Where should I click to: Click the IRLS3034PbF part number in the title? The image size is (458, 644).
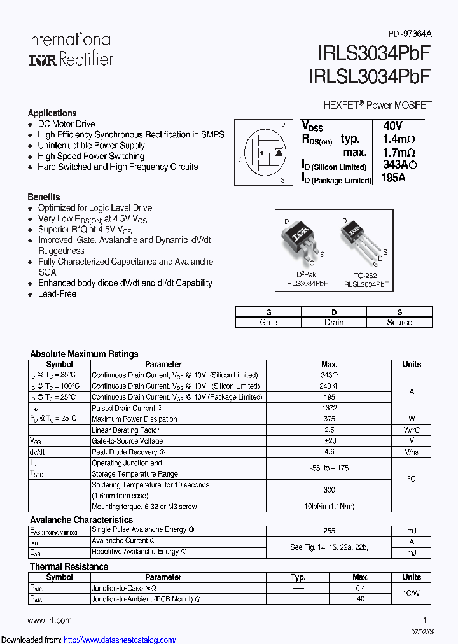point(370,55)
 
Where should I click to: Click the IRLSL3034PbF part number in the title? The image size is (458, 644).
point(370,77)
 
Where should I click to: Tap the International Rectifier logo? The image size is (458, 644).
point(70,48)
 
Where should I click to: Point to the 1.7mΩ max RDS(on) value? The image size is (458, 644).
point(399,152)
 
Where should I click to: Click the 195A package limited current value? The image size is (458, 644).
point(393,178)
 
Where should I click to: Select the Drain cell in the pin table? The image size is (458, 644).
point(334,322)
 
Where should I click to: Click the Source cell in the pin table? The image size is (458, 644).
point(399,322)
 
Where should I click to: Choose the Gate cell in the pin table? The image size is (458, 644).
point(268,322)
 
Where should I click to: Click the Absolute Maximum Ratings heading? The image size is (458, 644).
point(84,354)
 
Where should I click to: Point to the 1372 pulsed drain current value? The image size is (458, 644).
point(330,408)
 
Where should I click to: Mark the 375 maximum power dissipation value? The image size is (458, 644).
point(330,419)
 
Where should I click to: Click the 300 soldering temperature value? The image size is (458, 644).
point(330,490)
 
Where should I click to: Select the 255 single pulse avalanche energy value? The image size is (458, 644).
point(330,530)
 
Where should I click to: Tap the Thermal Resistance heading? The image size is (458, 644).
point(69,566)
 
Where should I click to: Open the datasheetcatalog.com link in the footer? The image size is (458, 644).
point(120,640)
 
